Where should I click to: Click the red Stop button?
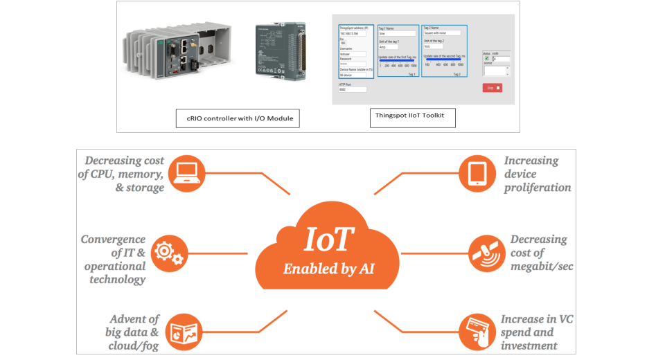(x=492, y=88)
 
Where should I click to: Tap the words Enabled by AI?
(x=328, y=269)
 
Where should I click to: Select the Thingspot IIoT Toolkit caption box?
(x=412, y=118)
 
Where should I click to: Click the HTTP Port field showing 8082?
(x=353, y=89)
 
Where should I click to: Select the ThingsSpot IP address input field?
(x=352, y=33)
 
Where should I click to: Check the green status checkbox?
(x=487, y=59)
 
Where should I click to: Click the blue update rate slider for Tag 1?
(x=397, y=60)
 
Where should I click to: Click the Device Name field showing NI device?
(x=352, y=75)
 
